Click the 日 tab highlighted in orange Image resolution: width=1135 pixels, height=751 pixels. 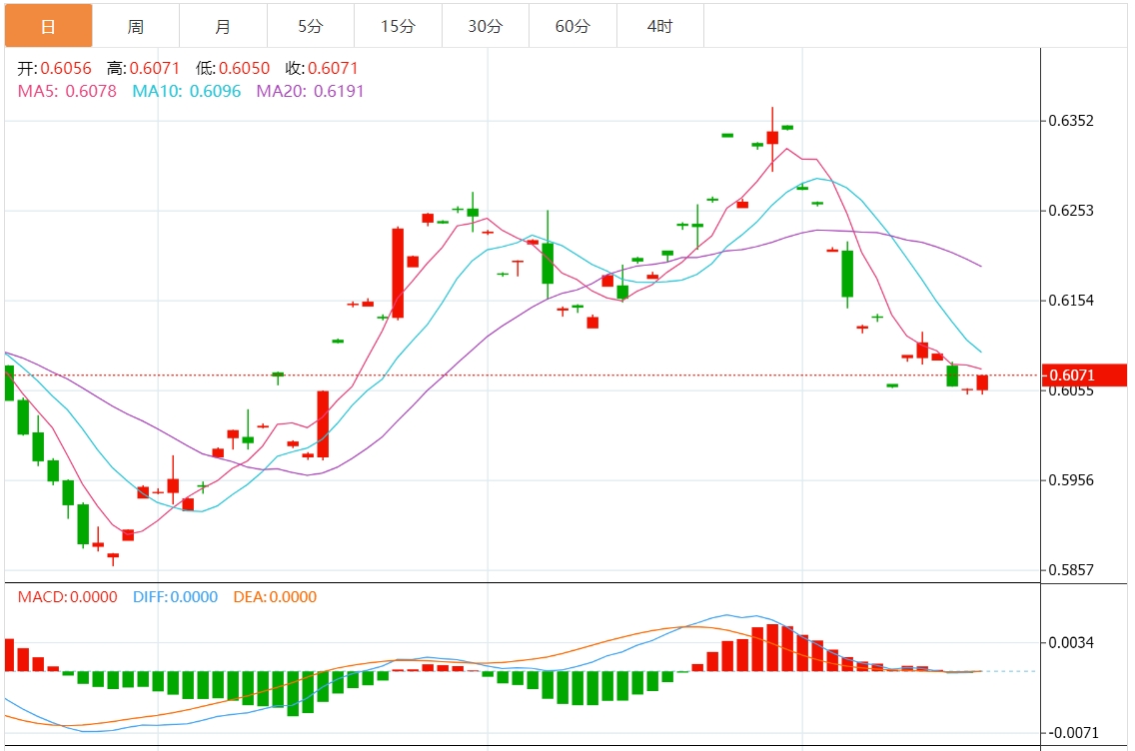48,26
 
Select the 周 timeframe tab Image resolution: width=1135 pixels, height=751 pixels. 136,26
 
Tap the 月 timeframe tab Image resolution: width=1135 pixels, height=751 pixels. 223,26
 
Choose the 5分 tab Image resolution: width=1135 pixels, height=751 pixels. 310,26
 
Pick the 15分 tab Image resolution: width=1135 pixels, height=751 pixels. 398,26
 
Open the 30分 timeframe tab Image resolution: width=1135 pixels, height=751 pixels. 485,26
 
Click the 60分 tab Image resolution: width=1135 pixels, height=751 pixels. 572,26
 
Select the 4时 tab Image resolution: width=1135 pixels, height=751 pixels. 659,26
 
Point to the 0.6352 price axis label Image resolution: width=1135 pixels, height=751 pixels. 1071,121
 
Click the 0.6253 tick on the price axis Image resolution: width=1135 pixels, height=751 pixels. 1071,211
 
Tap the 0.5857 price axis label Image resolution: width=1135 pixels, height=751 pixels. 1071,570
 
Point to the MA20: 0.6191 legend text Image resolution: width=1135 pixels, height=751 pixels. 311,91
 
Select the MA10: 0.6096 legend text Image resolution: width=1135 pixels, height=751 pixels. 187,91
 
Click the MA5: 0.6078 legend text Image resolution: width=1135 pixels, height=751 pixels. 68,91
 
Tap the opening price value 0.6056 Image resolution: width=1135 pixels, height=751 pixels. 66,69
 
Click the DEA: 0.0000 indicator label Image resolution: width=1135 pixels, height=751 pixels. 275,597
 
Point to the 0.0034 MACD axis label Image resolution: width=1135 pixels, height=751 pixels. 1071,642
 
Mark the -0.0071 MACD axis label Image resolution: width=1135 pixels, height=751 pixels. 1071,733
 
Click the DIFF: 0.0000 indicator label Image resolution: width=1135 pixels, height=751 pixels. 175,597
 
